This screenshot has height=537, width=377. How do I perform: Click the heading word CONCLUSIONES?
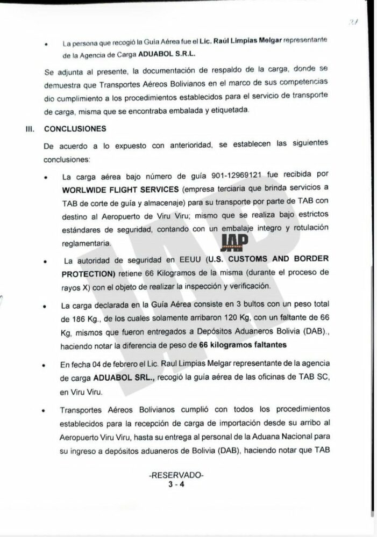coord(75,129)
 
